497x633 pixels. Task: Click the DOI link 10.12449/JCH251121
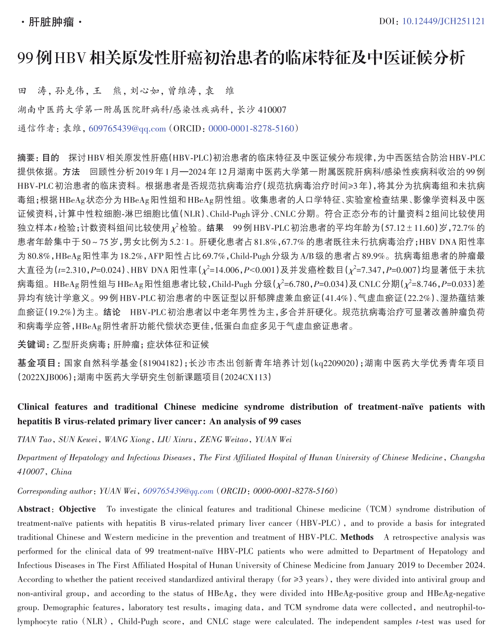click(x=443, y=21)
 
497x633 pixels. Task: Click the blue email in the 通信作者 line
click(x=127, y=129)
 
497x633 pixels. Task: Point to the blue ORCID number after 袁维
click(x=251, y=129)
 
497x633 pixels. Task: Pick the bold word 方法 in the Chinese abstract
click(x=71, y=172)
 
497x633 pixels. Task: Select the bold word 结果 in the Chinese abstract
click(x=215, y=228)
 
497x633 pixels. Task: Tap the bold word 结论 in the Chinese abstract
click(x=112, y=312)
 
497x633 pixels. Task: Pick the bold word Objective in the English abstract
click(x=78, y=509)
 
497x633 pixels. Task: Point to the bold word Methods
click(x=357, y=537)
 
